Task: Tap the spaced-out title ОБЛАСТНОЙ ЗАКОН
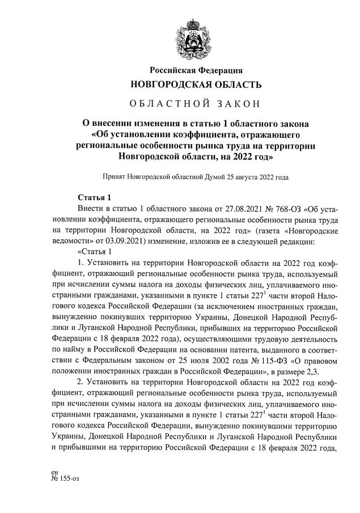(196, 104)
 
